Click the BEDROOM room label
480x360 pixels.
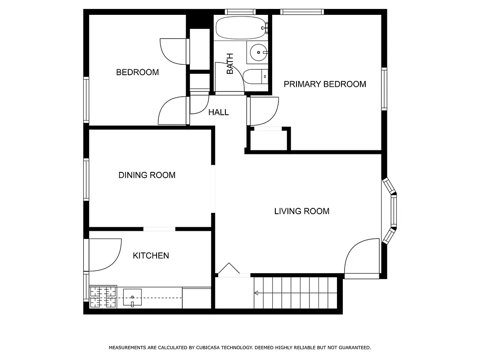point(137,72)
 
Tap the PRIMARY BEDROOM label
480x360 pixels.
point(324,84)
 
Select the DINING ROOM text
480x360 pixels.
point(147,175)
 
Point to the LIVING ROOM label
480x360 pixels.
point(301,211)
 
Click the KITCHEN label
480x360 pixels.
point(151,256)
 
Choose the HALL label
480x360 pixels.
point(218,112)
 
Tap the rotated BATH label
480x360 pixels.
point(230,63)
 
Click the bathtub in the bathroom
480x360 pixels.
point(241,28)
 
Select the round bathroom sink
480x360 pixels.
point(259,53)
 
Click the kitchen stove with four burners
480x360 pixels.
point(103,297)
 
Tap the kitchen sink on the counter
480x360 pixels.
point(132,297)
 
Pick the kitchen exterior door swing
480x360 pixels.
point(104,255)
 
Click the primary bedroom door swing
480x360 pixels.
point(264,111)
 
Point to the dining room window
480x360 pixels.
point(86,179)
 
